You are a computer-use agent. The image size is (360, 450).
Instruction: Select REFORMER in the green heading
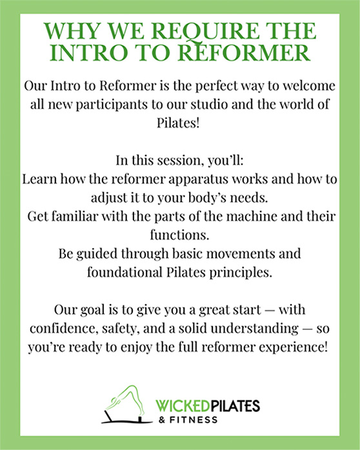244,52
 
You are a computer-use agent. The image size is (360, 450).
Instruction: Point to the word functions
179,235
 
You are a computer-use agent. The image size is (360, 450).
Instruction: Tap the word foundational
125,272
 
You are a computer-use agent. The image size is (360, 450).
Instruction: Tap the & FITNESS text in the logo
188,420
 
